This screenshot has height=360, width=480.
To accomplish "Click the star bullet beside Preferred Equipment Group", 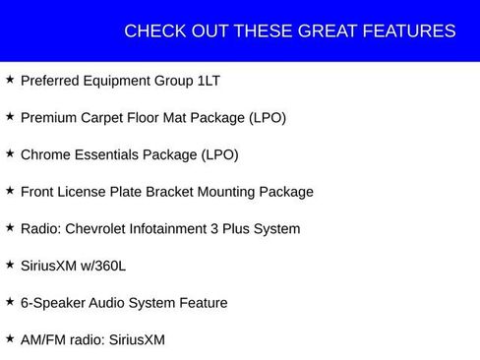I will click(10, 79).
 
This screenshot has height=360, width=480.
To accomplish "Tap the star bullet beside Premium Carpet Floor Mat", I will click(10, 116).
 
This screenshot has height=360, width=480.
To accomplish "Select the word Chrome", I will click(45, 154).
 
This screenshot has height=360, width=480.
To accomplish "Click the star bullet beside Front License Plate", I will click(10, 190).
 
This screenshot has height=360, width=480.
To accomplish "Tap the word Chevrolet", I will click(102, 229).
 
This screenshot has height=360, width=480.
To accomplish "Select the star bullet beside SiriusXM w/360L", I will click(10, 264).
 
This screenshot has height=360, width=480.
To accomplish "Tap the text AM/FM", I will click(43, 340).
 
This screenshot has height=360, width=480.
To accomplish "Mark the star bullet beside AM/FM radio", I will click(10, 338).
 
